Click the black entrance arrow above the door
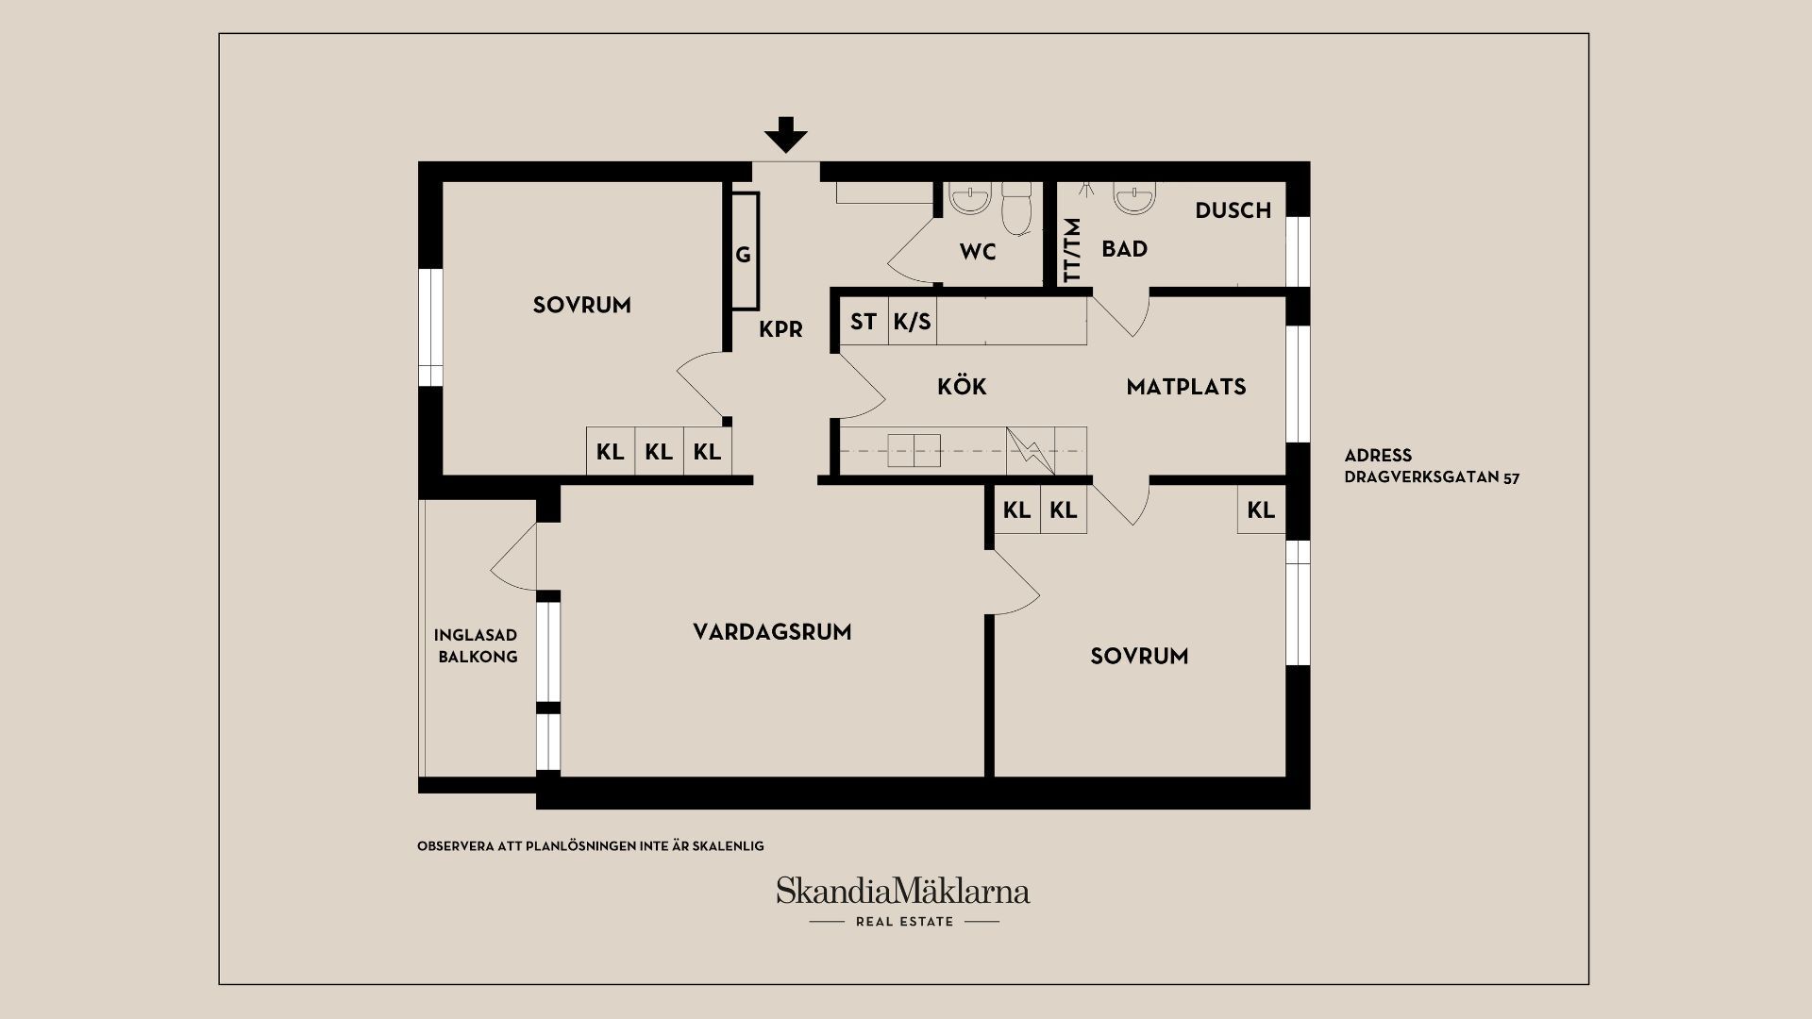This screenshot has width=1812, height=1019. coord(786,135)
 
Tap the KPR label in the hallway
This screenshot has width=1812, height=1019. coord(780,329)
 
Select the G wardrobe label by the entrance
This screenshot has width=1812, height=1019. coord(744,255)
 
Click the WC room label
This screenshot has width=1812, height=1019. coord(978,252)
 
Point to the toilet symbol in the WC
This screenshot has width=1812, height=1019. coord(1016,208)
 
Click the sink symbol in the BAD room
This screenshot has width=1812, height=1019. coord(1132,197)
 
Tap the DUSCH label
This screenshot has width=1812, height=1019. coord(1233,210)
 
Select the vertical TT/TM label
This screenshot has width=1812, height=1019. coord(1071,250)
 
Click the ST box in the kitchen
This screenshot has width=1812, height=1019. coord(864,322)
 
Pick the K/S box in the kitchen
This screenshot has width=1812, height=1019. coord(913,322)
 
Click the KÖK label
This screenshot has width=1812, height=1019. coord(962,386)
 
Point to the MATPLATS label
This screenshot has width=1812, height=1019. coord(1186,386)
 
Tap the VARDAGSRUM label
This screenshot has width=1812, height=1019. coord(772,632)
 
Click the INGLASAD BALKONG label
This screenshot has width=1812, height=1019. coord(477,646)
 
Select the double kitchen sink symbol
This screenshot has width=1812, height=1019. coord(914,451)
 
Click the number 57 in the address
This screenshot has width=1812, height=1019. coord(1510,477)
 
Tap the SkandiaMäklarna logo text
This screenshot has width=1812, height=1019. coord(902,891)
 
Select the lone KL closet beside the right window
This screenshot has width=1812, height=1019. coord(1261,510)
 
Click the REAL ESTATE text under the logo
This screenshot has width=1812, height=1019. coord(904,922)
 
